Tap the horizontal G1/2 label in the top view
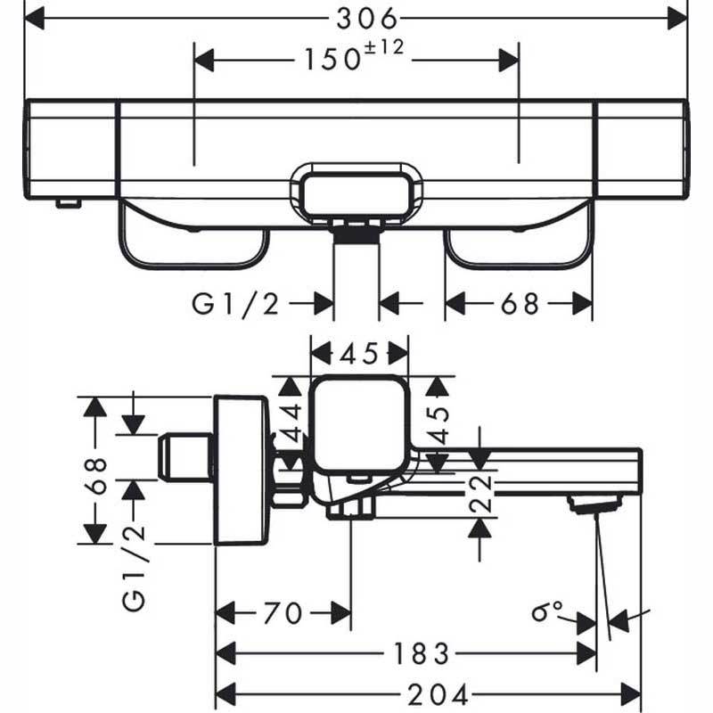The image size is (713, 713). point(236,304)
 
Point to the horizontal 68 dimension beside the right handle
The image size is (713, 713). point(520,304)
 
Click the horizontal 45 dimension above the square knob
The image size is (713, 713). point(358,354)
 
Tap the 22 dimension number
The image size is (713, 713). point(479,492)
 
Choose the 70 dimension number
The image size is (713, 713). point(283,613)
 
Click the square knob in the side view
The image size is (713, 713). point(359,426)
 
